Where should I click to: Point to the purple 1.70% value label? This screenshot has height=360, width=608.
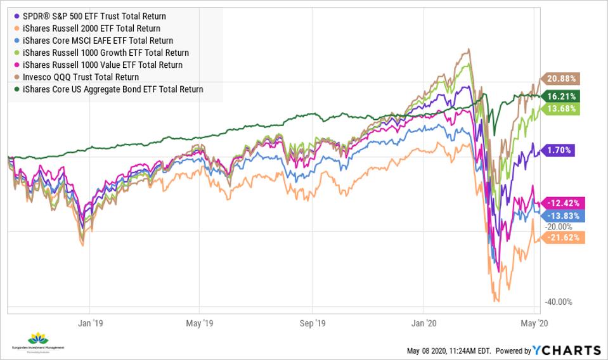560,150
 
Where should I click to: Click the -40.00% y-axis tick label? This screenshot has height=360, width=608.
557,302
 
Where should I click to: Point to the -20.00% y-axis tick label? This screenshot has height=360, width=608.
557,226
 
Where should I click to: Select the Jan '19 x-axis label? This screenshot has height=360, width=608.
90,323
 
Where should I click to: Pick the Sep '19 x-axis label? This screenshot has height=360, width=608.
313,323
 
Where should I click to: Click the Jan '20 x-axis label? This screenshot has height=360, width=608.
424,323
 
